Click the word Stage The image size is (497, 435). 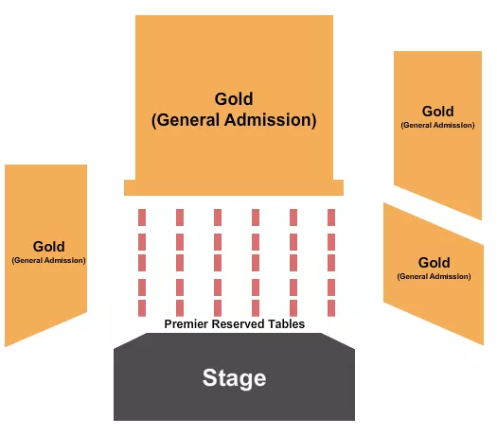click(x=234, y=379)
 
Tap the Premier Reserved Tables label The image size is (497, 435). click(x=235, y=323)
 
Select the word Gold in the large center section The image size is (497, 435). click(x=234, y=99)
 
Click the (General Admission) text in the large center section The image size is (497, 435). click(x=234, y=120)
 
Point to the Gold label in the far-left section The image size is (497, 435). click(x=48, y=247)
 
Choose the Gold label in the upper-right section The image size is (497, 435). click(x=438, y=112)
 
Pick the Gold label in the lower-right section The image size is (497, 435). click(x=434, y=263)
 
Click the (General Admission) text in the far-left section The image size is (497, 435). click(x=48, y=260)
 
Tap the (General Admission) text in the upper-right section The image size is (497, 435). click(x=438, y=125)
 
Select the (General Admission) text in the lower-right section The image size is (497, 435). click(x=434, y=277)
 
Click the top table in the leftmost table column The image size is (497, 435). click(x=142, y=217)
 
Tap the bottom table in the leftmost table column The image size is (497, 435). click(x=142, y=307)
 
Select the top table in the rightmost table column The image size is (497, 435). click(x=331, y=217)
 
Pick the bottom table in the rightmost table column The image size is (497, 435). click(x=331, y=307)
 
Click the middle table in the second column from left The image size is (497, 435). click(x=180, y=262)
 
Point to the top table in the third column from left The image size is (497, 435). click(x=218, y=217)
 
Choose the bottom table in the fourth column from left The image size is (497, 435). click(x=256, y=307)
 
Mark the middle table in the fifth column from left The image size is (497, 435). click(x=293, y=262)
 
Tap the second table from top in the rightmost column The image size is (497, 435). click(x=331, y=239)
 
